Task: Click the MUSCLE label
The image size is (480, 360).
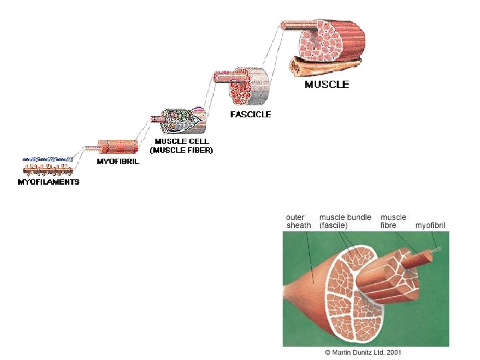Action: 327,85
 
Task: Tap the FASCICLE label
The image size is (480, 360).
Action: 251,114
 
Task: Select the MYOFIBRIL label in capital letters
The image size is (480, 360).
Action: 118,162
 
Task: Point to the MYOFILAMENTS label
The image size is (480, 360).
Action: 48,182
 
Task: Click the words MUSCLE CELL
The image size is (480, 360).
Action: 181,141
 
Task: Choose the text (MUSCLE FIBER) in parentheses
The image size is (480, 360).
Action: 181,150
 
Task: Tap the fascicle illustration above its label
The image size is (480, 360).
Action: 247,85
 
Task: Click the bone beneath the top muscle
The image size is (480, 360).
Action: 320,67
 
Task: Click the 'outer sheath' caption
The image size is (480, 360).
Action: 298,221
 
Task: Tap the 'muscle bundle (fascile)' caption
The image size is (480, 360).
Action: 345,221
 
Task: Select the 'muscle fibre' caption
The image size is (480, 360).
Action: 393,221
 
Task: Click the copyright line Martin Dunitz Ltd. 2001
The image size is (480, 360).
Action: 363,352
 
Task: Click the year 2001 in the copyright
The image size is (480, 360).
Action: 393,352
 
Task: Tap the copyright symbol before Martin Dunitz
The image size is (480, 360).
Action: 327,352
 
